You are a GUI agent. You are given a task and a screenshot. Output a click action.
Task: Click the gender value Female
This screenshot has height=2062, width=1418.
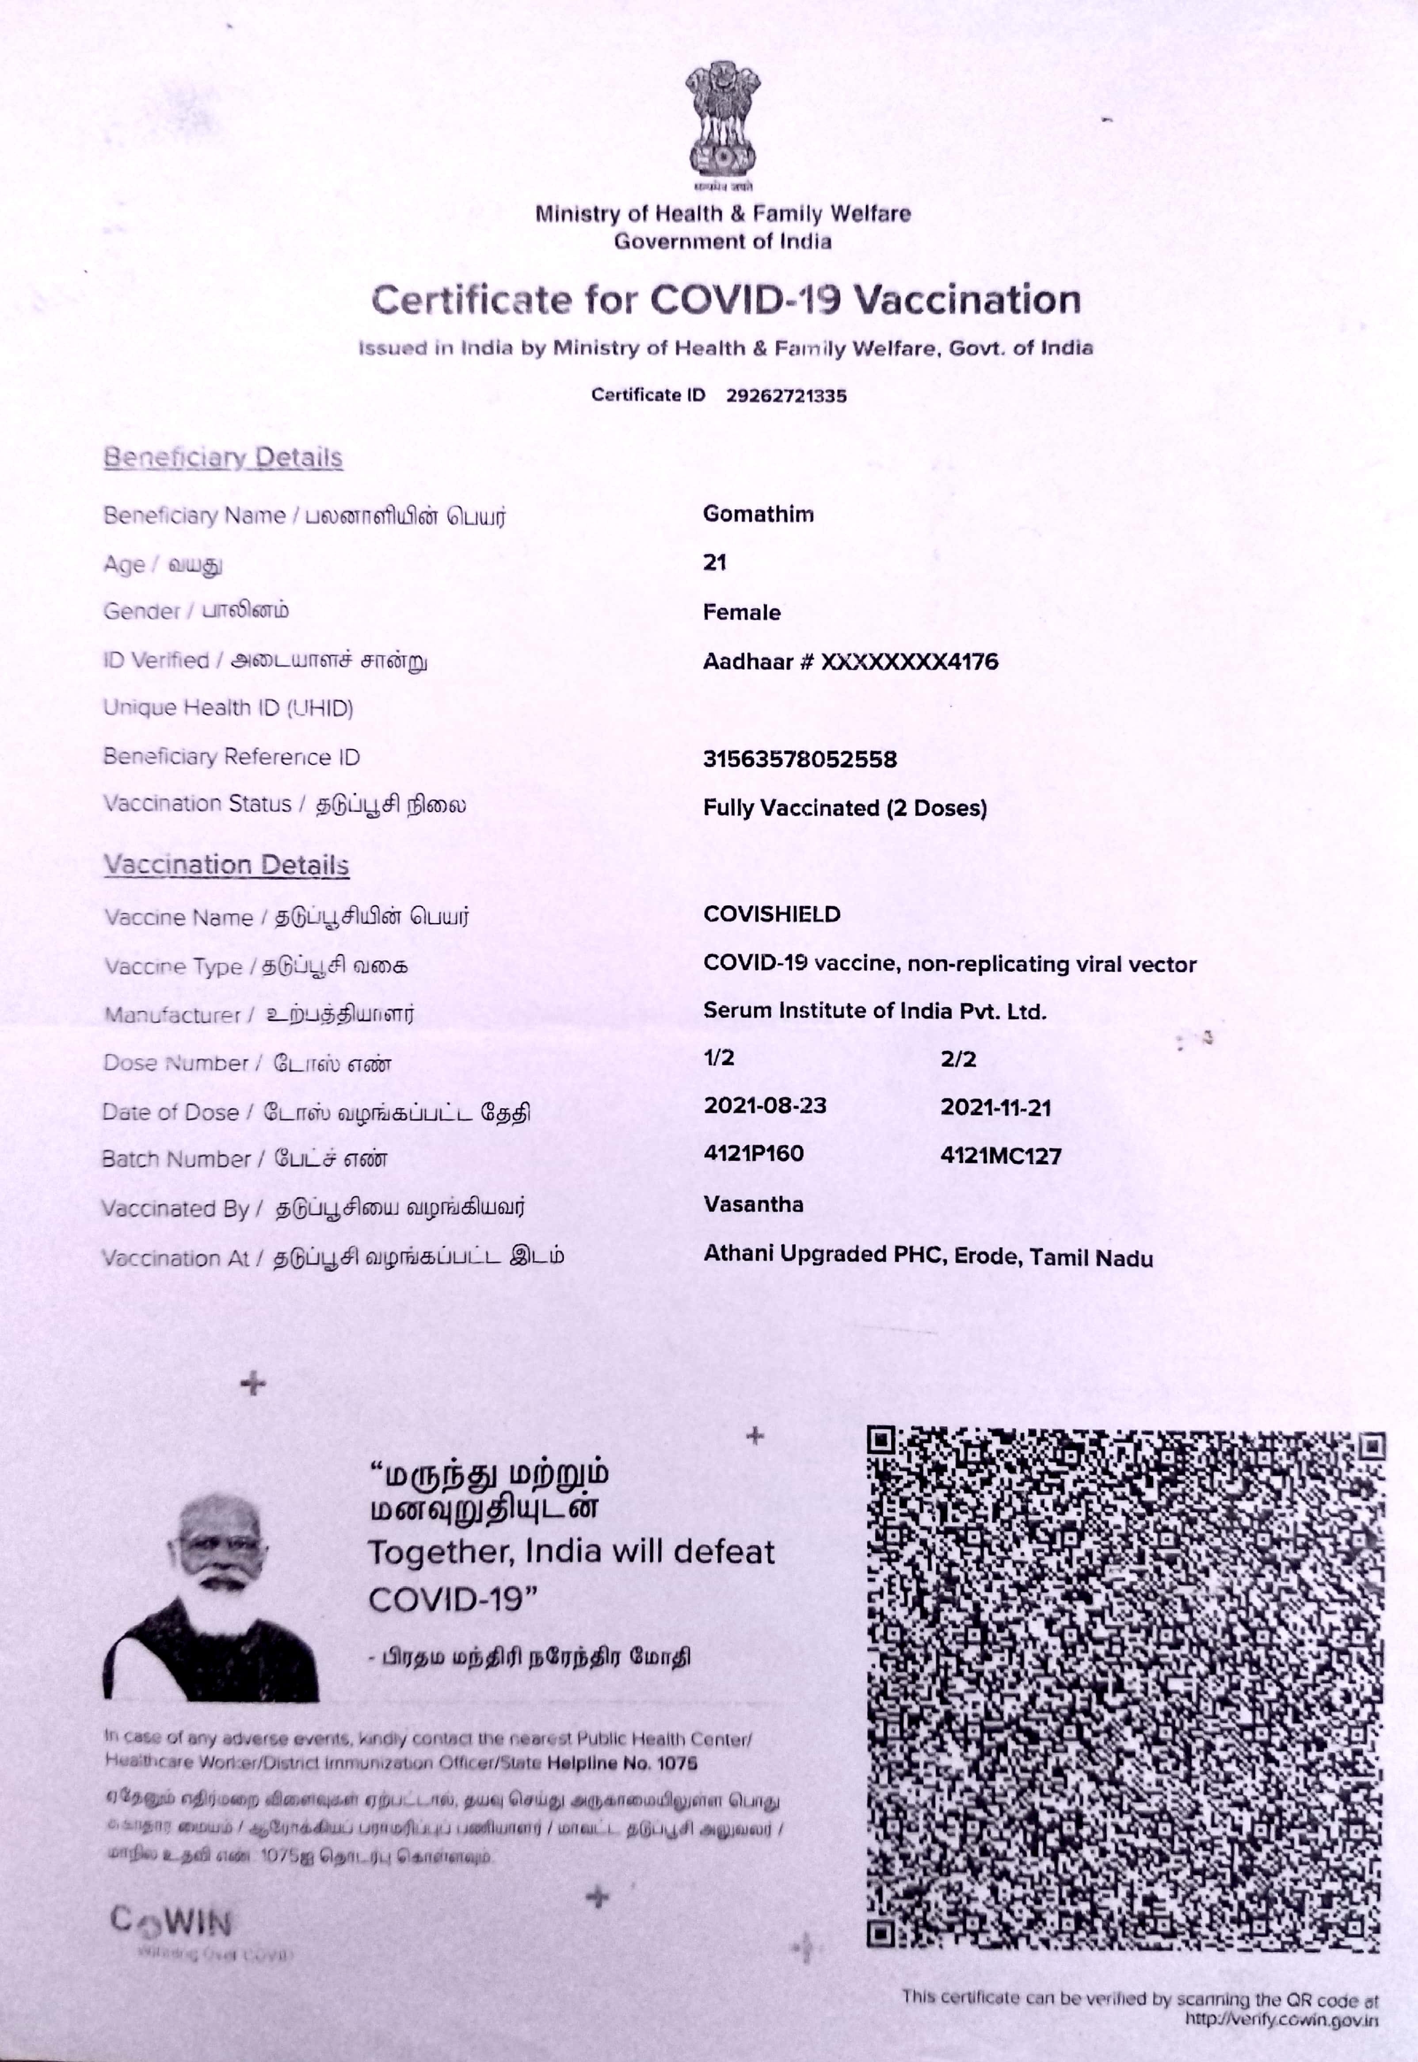pyautogui.click(x=741, y=612)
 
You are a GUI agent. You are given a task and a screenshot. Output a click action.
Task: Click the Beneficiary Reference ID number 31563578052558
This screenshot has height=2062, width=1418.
pyautogui.click(x=800, y=759)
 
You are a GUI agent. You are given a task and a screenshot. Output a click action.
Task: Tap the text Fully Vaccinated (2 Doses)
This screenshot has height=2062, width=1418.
pyautogui.click(x=844, y=808)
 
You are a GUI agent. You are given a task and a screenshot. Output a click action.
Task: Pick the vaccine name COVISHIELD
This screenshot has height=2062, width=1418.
pyautogui.click(x=771, y=914)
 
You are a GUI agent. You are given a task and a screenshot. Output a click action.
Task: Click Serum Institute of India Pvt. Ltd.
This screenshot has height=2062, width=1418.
pyautogui.click(x=874, y=1011)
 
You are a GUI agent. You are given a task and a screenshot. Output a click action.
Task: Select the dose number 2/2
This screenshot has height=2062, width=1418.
pyautogui.click(x=958, y=1059)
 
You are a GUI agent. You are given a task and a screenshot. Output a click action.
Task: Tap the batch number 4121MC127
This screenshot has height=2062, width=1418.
pyautogui.click(x=1000, y=1156)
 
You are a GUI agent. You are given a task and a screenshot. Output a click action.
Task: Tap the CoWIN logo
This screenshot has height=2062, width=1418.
pyautogui.click(x=172, y=1925)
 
